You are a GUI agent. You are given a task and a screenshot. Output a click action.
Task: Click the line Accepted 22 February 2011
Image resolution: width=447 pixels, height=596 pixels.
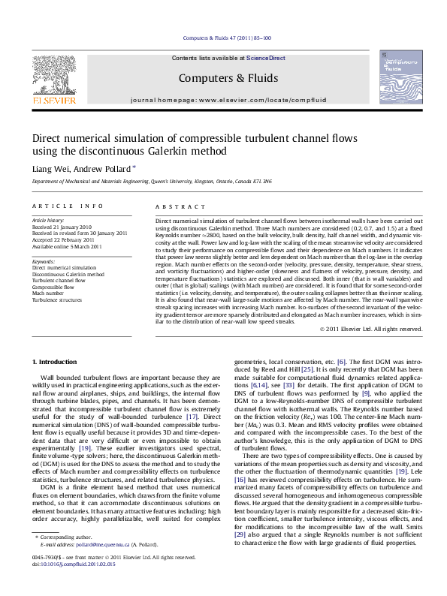click(x=63, y=239)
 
